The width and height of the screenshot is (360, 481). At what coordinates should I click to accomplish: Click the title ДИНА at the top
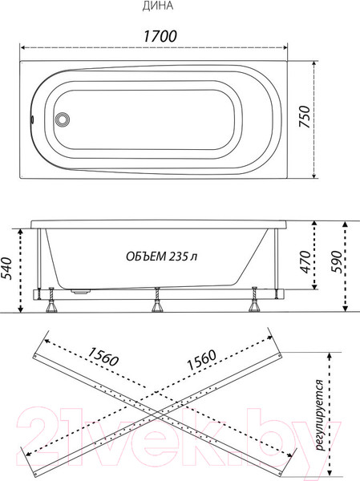coord(158,6)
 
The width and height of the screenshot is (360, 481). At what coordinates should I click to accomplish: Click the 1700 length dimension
coord(160,36)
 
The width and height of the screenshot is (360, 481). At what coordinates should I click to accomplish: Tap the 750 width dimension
coord(305,116)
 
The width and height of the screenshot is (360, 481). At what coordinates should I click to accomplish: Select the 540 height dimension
coord(6,269)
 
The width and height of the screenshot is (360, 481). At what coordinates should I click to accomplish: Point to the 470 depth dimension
coord(305,261)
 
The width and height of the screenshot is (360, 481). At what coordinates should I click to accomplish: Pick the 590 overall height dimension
coord(336,261)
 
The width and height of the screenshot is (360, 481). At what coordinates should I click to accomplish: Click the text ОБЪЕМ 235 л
coord(161,257)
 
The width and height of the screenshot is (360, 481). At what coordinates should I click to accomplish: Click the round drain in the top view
coord(62,119)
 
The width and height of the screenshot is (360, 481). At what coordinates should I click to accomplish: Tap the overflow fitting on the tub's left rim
coord(31,119)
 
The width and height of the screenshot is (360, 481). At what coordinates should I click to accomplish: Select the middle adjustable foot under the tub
coord(157,300)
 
